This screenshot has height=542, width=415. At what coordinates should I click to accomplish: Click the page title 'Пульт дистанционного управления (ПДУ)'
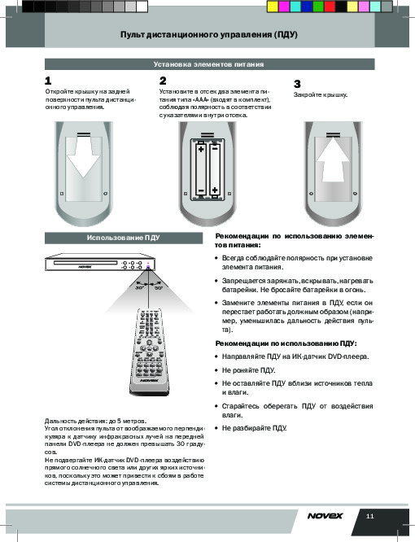click(x=208, y=34)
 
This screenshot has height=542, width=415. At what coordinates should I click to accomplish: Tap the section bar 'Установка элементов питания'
click(x=209, y=64)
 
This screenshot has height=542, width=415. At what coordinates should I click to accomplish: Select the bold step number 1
click(x=48, y=81)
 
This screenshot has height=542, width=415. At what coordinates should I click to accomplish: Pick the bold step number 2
click(x=163, y=81)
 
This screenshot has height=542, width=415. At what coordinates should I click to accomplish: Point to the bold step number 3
click(x=297, y=84)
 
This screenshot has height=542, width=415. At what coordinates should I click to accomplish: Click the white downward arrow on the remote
click(x=84, y=155)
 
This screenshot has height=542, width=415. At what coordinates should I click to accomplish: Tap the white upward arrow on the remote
click(x=333, y=160)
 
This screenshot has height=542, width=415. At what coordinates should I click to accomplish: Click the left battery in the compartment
click(x=201, y=169)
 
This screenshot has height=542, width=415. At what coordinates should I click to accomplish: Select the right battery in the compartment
click(x=215, y=169)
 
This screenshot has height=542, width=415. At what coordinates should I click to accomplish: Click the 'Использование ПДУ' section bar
click(x=124, y=238)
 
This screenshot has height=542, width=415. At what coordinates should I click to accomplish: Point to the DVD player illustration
click(x=100, y=263)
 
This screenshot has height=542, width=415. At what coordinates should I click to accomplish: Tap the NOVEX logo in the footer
click(x=325, y=516)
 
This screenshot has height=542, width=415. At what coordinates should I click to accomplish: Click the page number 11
click(x=370, y=517)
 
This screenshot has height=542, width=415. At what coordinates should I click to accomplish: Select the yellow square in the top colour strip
click(x=273, y=7)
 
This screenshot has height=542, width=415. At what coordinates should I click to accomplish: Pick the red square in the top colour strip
click(x=330, y=7)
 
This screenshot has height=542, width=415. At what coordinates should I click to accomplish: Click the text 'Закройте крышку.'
click(x=321, y=94)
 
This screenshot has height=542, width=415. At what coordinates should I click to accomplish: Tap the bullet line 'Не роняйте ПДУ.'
click(x=248, y=370)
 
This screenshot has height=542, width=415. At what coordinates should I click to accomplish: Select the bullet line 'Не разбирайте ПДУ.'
click(x=255, y=428)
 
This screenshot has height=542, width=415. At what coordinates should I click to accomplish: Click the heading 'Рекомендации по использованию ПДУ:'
click(x=286, y=343)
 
